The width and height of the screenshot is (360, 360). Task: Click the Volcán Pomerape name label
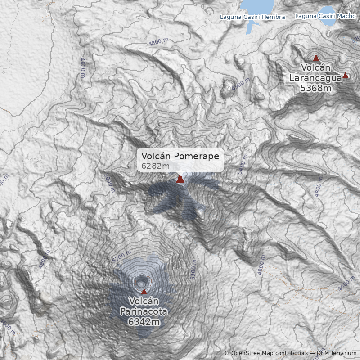180,156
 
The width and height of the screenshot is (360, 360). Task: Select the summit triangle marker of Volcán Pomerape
180,180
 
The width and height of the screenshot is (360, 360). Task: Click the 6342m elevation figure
144,322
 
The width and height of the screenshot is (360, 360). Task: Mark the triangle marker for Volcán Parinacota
144,291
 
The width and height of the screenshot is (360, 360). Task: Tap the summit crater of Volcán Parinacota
142,282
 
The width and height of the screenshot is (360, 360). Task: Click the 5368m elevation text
316,88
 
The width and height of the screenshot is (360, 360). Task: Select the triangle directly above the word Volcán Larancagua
316,58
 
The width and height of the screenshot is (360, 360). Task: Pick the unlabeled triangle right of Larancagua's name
346,75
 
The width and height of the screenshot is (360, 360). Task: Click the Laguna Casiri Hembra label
252,17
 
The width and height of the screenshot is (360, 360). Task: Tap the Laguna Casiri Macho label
325,16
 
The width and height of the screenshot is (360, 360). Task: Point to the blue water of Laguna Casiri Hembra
256,5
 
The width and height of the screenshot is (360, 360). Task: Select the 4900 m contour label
241,84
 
